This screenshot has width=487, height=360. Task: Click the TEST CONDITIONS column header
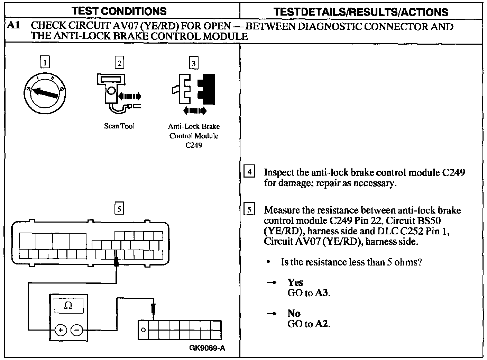click(x=119, y=11)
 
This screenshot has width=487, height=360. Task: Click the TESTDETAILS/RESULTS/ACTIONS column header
click(x=361, y=12)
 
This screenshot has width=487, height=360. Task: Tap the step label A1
click(x=13, y=26)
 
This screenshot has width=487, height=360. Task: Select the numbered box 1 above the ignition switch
click(x=45, y=63)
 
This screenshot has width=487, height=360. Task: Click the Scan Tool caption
click(x=119, y=126)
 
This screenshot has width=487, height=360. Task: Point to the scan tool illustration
click(x=116, y=92)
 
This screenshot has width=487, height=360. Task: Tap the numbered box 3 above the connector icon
click(x=193, y=63)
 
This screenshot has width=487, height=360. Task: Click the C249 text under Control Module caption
click(x=194, y=145)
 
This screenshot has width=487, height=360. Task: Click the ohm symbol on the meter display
click(x=68, y=305)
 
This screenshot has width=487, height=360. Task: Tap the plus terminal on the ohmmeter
click(x=61, y=330)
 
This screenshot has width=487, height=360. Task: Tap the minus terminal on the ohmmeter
click(x=76, y=330)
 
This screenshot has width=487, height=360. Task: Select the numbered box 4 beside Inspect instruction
click(x=249, y=172)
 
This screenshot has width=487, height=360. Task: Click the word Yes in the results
click(x=295, y=282)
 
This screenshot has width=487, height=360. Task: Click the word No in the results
click(x=294, y=313)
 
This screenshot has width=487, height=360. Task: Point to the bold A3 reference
click(x=322, y=293)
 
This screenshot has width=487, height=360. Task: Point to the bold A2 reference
click(x=322, y=324)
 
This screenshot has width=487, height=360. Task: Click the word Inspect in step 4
click(x=279, y=172)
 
